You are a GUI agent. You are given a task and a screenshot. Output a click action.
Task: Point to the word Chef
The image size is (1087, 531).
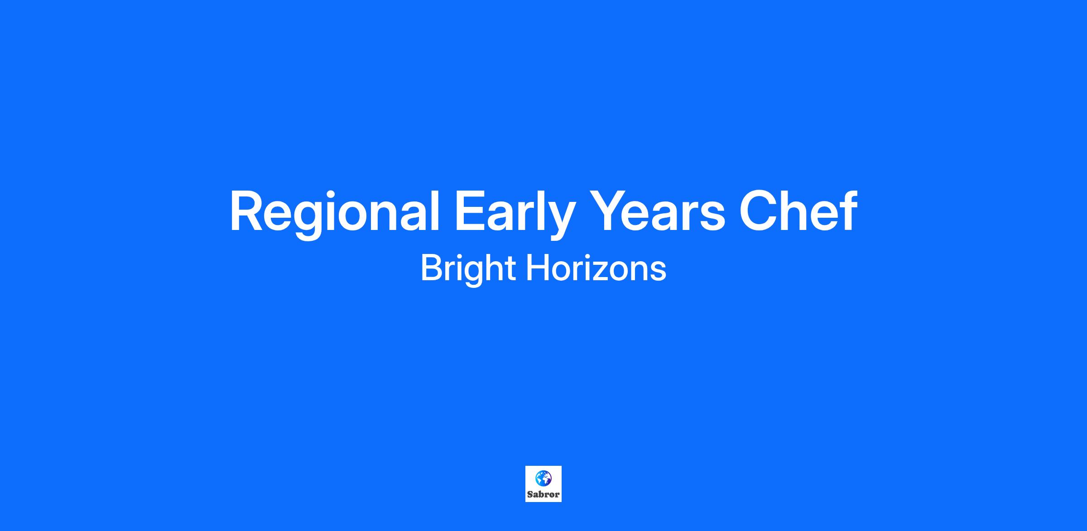(798, 210)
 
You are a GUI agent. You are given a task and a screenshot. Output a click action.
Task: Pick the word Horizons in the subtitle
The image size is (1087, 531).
(596, 268)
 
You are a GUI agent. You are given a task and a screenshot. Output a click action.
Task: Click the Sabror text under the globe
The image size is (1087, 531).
(543, 494)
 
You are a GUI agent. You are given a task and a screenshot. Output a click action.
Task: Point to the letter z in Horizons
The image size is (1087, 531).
(605, 272)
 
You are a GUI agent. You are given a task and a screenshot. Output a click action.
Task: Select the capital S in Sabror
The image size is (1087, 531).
(530, 494)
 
